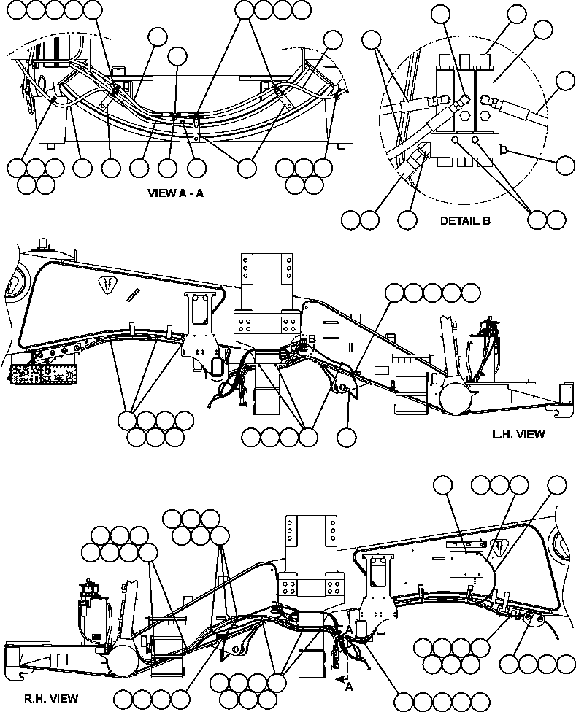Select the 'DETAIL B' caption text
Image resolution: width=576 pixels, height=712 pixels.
[x=465, y=220]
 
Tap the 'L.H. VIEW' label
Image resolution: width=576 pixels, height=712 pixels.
[x=518, y=434]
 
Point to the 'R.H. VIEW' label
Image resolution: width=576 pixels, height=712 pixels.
[x=40, y=698]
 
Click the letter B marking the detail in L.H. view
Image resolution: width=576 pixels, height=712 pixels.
[x=311, y=340]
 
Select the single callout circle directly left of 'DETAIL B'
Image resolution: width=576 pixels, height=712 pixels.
[x=407, y=218]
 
